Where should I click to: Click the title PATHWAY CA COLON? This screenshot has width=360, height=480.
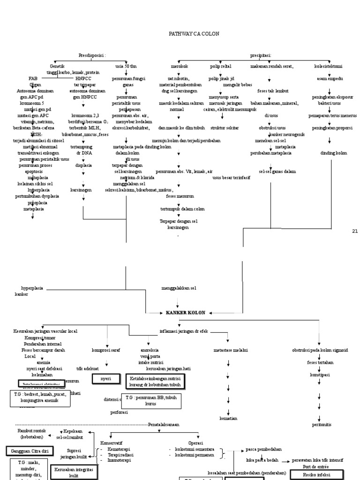pos(194,34)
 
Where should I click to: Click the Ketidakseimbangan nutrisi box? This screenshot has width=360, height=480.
pos(155,381)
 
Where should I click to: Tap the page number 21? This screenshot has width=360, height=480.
pos(354,231)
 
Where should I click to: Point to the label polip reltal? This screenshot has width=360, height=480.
pos(220,67)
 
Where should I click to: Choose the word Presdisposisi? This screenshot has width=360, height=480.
pos(92,55)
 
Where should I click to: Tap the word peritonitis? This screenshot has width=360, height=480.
pos(322,424)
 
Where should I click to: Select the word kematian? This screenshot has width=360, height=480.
pos(228,418)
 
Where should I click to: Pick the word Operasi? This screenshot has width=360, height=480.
pos(195,442)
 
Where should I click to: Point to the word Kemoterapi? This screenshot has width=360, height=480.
pos(119,449)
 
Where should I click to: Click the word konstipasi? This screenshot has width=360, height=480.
pos(320,375)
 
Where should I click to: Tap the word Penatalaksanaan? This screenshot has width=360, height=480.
pos(164,424)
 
